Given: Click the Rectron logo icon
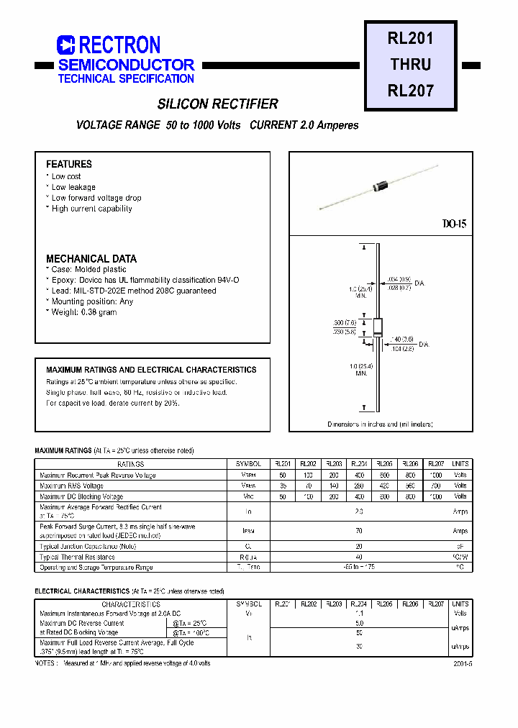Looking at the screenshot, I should (65, 45).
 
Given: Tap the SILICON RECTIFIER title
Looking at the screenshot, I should (217, 104).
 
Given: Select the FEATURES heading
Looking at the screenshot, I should (69, 164).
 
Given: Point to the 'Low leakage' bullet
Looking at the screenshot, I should (73, 187).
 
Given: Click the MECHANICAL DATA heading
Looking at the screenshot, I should (91, 258).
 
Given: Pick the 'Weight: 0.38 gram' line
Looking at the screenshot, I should (83, 312).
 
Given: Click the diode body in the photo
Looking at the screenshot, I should (379, 188).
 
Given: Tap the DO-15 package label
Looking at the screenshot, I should (454, 224).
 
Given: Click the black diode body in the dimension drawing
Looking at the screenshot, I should (377, 327).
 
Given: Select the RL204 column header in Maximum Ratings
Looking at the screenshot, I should (358, 464).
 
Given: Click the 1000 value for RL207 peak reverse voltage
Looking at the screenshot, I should (435, 475).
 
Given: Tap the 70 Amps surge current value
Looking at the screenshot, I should (359, 531).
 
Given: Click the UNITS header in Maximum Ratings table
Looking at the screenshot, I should (460, 464).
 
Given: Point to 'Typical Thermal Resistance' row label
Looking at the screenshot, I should (77, 557).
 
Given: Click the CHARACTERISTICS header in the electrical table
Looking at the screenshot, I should (131, 604).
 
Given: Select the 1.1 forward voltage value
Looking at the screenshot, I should (359, 614).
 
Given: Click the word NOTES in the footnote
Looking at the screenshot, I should (45, 663).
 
